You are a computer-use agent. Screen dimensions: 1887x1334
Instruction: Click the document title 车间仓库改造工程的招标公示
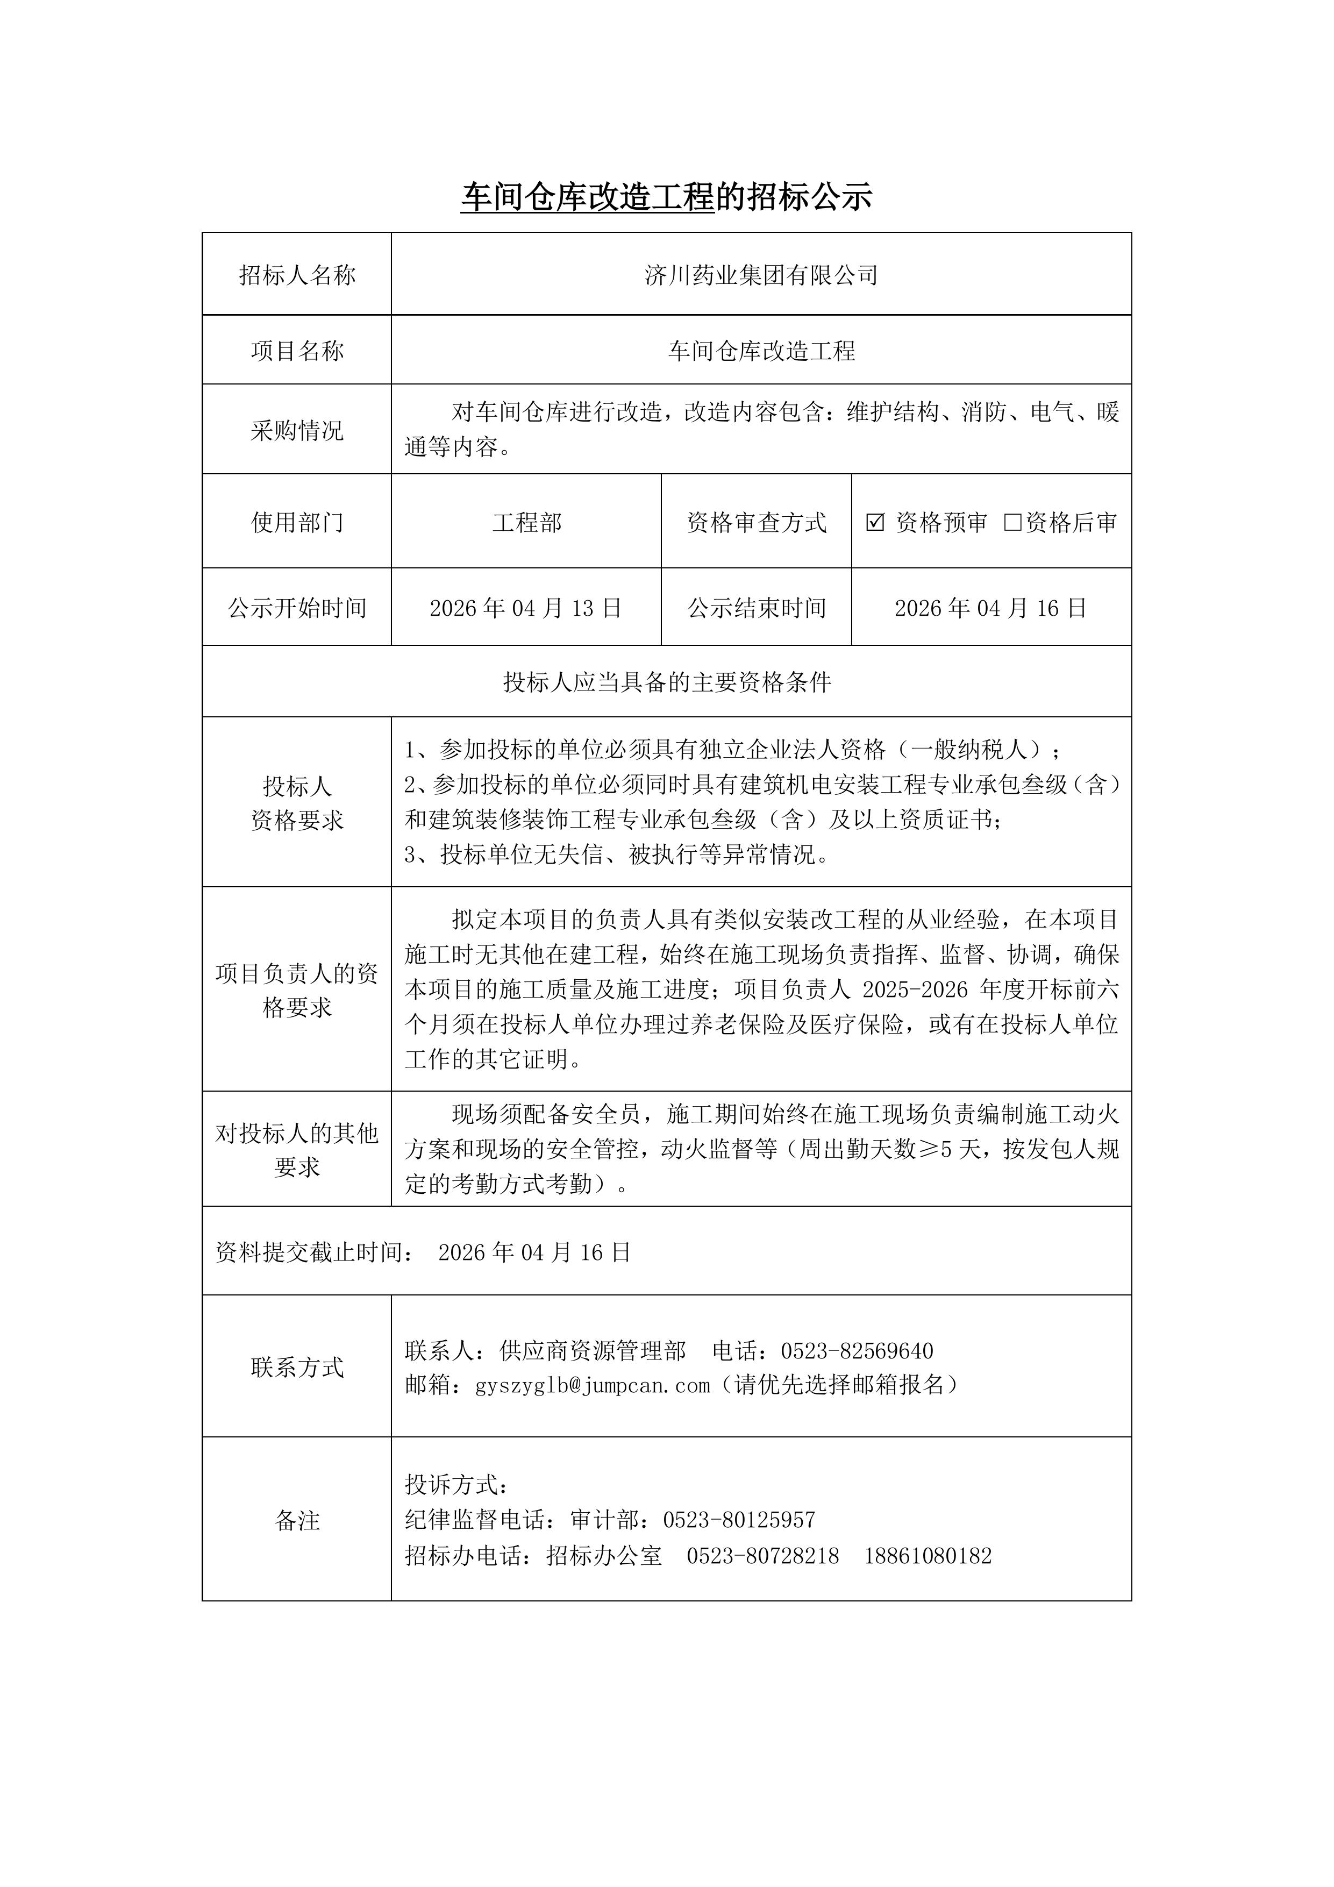(666, 197)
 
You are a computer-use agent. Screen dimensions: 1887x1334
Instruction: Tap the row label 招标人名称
(297, 275)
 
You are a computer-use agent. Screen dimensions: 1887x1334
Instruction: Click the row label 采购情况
(297, 430)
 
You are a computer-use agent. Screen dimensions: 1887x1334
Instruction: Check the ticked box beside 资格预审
(875, 522)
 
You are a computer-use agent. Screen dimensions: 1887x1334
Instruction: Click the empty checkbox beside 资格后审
(1012, 522)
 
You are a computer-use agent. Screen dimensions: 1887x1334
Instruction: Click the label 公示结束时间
(756, 608)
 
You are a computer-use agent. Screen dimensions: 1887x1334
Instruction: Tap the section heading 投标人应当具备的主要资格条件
(667, 682)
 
